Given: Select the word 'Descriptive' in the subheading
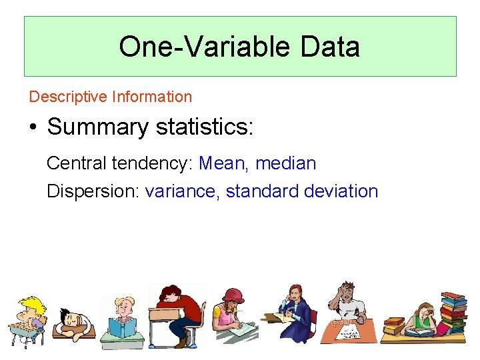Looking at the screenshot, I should pos(68,97).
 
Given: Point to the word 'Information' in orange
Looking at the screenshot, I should pos(152,97).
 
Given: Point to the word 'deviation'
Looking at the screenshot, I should pos(341,191).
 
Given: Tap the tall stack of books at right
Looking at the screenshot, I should pos(453,313).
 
